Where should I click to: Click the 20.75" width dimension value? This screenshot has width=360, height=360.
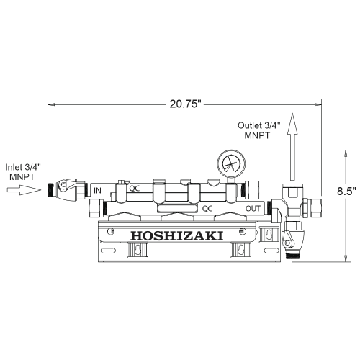(185, 104)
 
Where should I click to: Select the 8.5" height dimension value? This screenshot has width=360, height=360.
(346, 191)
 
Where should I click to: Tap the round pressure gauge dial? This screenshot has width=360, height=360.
(231, 163)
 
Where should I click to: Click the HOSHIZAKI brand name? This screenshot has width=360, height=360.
(177, 236)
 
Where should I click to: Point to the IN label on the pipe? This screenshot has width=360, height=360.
(97, 191)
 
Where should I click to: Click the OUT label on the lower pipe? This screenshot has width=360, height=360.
(253, 209)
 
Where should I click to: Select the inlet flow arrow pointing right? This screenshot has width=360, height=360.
(24, 190)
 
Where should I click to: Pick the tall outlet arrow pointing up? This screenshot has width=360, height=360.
(292, 146)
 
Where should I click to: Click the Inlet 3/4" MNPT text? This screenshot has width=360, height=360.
(22, 172)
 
